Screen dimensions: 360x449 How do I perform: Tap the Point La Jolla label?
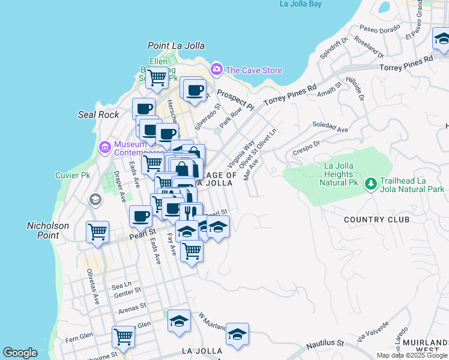pyautogui.click(x=176, y=46)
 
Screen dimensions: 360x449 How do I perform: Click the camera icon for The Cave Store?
pyautogui.click(x=216, y=70)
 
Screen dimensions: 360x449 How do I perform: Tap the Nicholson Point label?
pyautogui.click(x=48, y=230)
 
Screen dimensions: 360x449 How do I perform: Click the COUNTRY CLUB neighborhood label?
pyautogui.click(x=376, y=220)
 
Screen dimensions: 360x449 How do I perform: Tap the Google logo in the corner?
pyautogui.click(x=20, y=353)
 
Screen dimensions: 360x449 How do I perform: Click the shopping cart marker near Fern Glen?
pyautogui.click(x=123, y=337)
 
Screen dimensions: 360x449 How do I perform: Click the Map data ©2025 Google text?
pyautogui.click(x=412, y=355)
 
